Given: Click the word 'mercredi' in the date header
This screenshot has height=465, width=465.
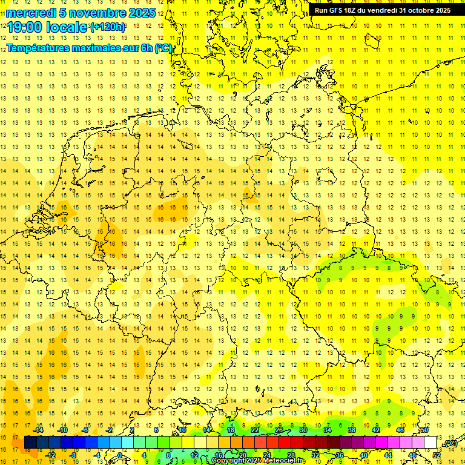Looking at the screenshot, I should pyautogui.click(x=31, y=13).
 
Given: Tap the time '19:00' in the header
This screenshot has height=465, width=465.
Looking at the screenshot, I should pyautogui.click(x=24, y=27).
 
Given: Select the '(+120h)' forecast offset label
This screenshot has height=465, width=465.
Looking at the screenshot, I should pyautogui.click(x=108, y=27).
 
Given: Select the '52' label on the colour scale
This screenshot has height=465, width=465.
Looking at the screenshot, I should pyautogui.click(x=437, y=455).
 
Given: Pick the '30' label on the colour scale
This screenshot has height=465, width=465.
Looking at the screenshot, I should pyautogui.click(x=303, y=430).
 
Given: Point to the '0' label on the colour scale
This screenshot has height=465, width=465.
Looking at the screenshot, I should pyautogui.click(x=120, y=455).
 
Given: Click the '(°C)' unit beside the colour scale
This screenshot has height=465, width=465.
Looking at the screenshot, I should pyautogui.click(x=450, y=443).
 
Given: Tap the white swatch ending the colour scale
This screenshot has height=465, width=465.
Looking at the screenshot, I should pyautogui.click(x=430, y=443).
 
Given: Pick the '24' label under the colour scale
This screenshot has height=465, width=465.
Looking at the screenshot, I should pyautogui.click(x=267, y=455).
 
